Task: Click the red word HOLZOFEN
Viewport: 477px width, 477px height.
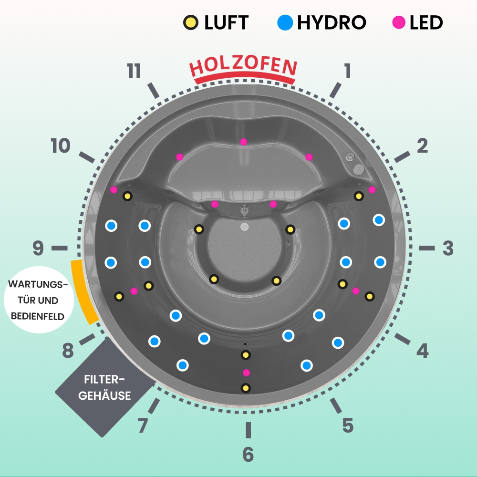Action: [244, 67]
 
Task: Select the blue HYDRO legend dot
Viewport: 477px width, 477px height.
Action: [285, 22]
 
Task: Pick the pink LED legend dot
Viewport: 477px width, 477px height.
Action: [399, 22]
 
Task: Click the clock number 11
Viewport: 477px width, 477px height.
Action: [134, 72]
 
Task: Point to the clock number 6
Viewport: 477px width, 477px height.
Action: [248, 455]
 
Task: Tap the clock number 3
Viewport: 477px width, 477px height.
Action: [447, 248]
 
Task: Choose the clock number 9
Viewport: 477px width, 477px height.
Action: [38, 248]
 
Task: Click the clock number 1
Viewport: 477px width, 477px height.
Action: [347, 71]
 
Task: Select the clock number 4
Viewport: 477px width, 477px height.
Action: [422, 351]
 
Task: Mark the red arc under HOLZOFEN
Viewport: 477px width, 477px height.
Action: [244, 78]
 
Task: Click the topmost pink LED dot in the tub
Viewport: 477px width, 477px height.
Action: [244, 142]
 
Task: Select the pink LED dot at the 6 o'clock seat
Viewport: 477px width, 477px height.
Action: [246, 372]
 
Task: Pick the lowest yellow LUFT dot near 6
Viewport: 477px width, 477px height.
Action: [246, 388]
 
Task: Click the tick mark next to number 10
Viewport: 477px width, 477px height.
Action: [86, 157]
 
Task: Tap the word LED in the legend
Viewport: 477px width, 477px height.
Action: [426, 22]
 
